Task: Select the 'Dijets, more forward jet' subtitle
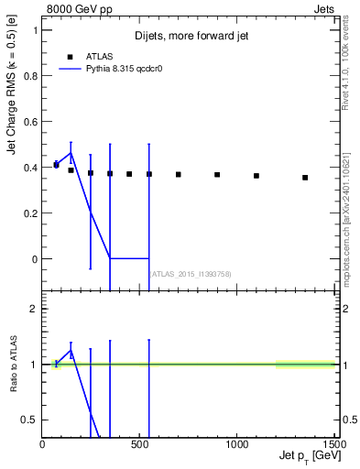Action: pos(191,37)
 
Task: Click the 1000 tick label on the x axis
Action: pos(236,444)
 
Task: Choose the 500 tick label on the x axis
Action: pos(139,444)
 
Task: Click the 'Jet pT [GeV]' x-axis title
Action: pos(305,456)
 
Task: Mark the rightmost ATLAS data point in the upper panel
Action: pos(305,178)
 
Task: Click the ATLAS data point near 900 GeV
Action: pos(217,175)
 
